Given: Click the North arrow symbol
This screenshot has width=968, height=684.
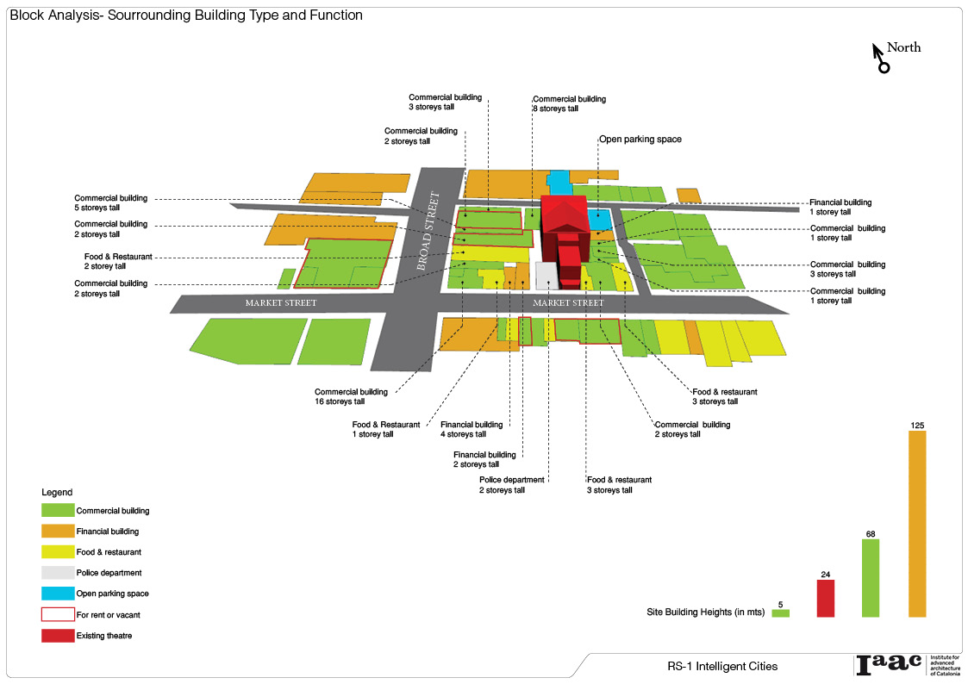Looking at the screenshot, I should point(880,58).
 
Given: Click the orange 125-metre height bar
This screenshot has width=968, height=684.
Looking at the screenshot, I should point(917,523).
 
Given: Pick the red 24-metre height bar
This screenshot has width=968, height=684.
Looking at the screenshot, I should point(826,598).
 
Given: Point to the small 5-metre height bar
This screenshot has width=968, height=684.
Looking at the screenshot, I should point(781,613).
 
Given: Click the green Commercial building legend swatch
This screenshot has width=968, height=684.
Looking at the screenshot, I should point(58,511).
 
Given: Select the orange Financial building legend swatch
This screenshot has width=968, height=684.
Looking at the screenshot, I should point(58,532).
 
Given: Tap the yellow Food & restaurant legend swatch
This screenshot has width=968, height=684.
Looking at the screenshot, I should point(58,552).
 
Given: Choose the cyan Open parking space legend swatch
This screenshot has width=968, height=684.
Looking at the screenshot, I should point(58,594).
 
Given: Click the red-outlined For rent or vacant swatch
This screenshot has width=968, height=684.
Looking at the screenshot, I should point(58,614).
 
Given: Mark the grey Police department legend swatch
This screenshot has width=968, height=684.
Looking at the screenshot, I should point(58,573).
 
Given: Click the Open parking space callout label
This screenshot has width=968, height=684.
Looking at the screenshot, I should point(640,139).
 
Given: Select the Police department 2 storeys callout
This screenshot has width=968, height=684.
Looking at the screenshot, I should point(512,485).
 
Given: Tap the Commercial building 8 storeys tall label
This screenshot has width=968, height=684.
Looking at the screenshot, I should point(569,103).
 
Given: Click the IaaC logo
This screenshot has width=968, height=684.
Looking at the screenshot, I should point(888,664).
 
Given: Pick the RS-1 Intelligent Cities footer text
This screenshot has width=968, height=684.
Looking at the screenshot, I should point(722,666).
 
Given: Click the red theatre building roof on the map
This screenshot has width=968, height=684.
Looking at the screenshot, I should point(565,212).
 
